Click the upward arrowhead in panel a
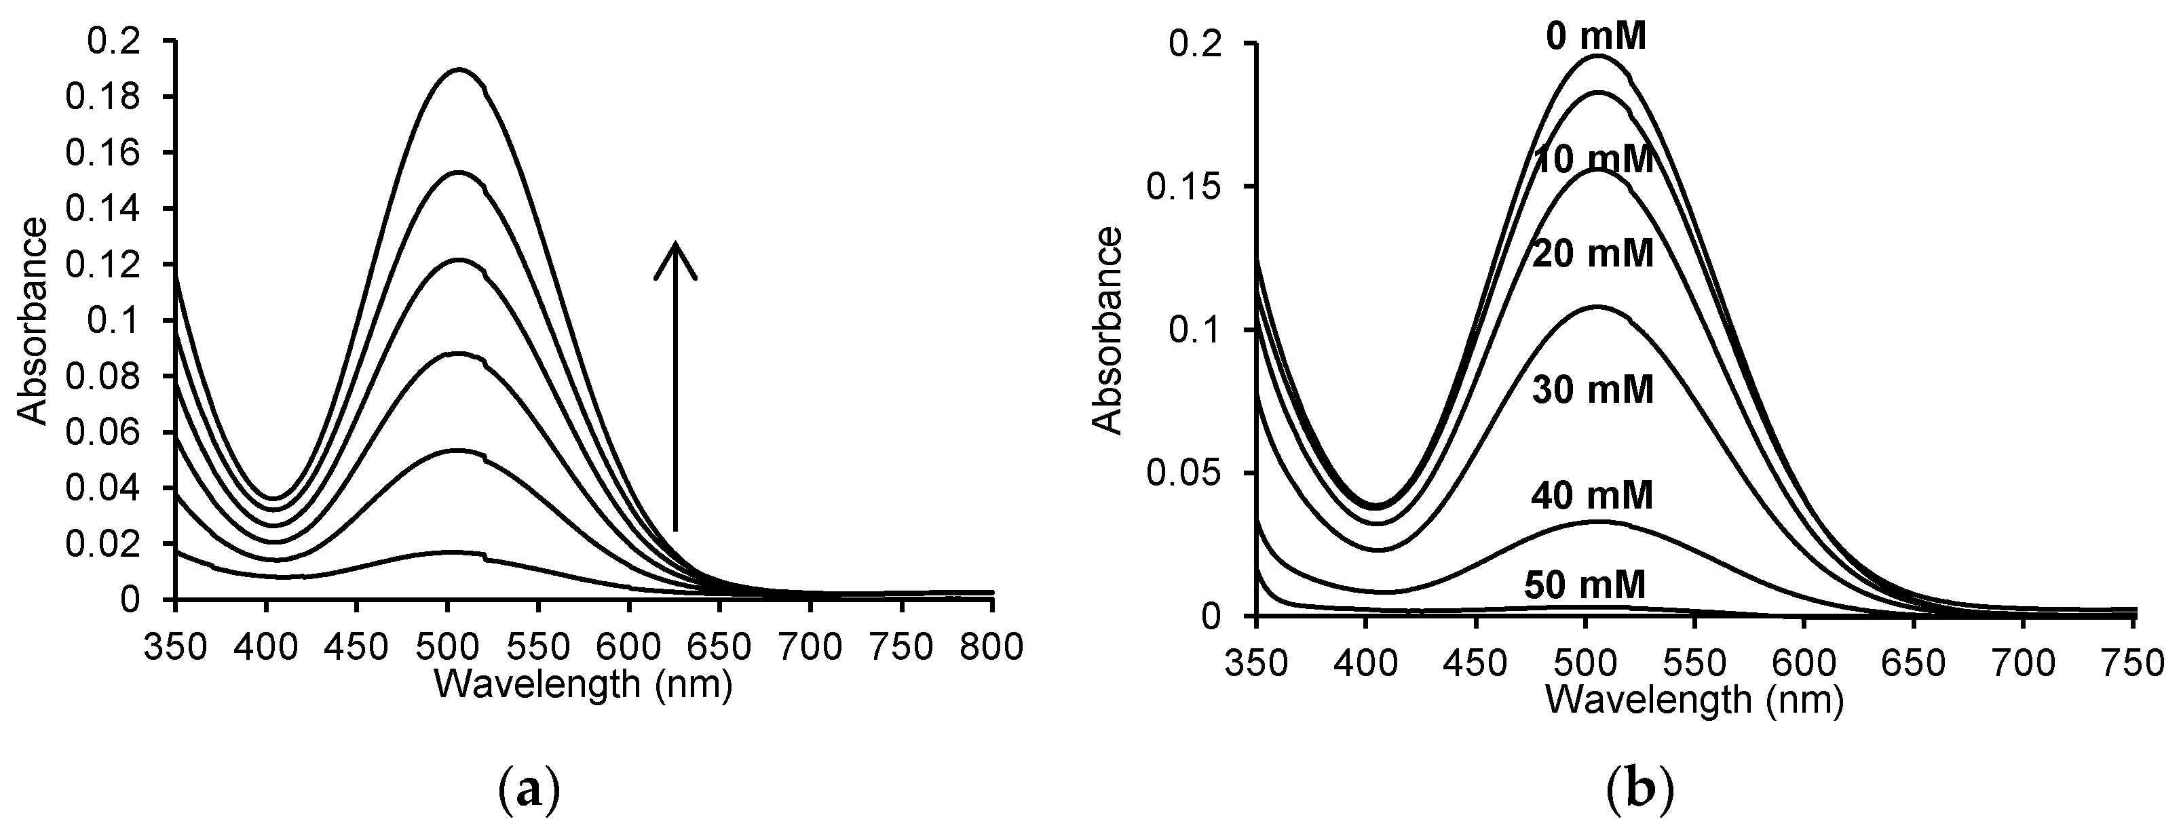click(x=675, y=254)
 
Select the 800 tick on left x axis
click(x=992, y=646)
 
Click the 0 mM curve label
click(x=1596, y=38)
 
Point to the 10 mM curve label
click(x=1593, y=160)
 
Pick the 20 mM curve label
click(x=1593, y=254)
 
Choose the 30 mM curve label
click(x=1593, y=391)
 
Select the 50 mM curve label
click(x=1585, y=585)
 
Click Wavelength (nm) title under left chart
click(x=582, y=684)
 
